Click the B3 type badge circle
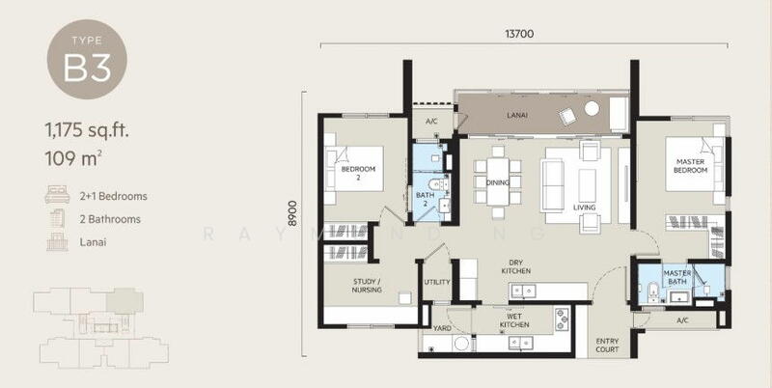[x=87, y=60]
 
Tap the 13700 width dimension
[x=519, y=34]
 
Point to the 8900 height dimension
[x=293, y=213]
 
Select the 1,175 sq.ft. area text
[x=87, y=131]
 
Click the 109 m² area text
[x=73, y=159]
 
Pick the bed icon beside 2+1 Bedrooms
[x=57, y=195]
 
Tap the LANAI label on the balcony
[x=517, y=115]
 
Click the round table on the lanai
[x=592, y=109]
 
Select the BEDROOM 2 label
[x=358, y=173]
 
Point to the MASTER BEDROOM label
[x=691, y=166]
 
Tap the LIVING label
[x=585, y=208]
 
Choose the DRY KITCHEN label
[x=516, y=267]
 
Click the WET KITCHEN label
[x=514, y=320]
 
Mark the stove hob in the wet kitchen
[x=562, y=319]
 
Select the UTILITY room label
[x=437, y=282]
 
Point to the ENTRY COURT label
[x=607, y=346]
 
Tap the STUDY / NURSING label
[x=367, y=286]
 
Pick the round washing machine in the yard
[x=462, y=344]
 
